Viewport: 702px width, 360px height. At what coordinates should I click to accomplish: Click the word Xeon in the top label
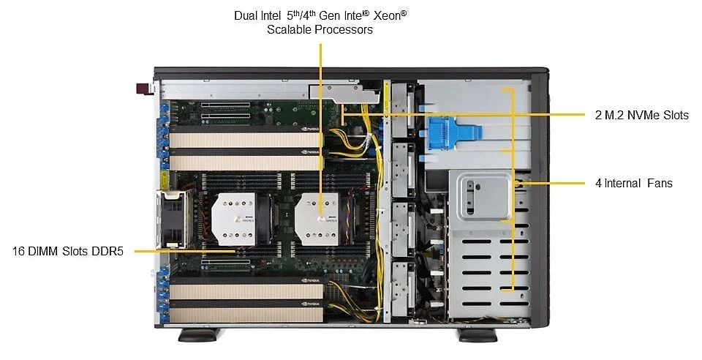[x=387, y=16]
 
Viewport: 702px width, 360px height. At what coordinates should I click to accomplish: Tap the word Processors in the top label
[x=344, y=29]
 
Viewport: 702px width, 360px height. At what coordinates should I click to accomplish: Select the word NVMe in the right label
[x=643, y=115]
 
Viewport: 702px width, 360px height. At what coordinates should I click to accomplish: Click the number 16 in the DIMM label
[x=18, y=251]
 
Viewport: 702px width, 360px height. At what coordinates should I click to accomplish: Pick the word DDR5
[x=107, y=251]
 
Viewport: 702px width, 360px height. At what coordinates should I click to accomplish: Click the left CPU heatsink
[x=233, y=219]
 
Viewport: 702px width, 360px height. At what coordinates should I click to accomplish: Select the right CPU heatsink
[x=317, y=219]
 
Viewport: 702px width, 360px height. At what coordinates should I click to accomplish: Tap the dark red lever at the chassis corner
[x=145, y=89]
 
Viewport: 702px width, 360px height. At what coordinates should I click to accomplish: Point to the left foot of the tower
[x=199, y=335]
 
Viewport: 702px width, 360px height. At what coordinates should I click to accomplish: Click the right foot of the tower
[x=478, y=335]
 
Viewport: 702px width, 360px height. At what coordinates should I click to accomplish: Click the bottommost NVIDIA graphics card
[x=246, y=311]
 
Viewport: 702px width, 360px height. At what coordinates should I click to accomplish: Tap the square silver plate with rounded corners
[x=483, y=197]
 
